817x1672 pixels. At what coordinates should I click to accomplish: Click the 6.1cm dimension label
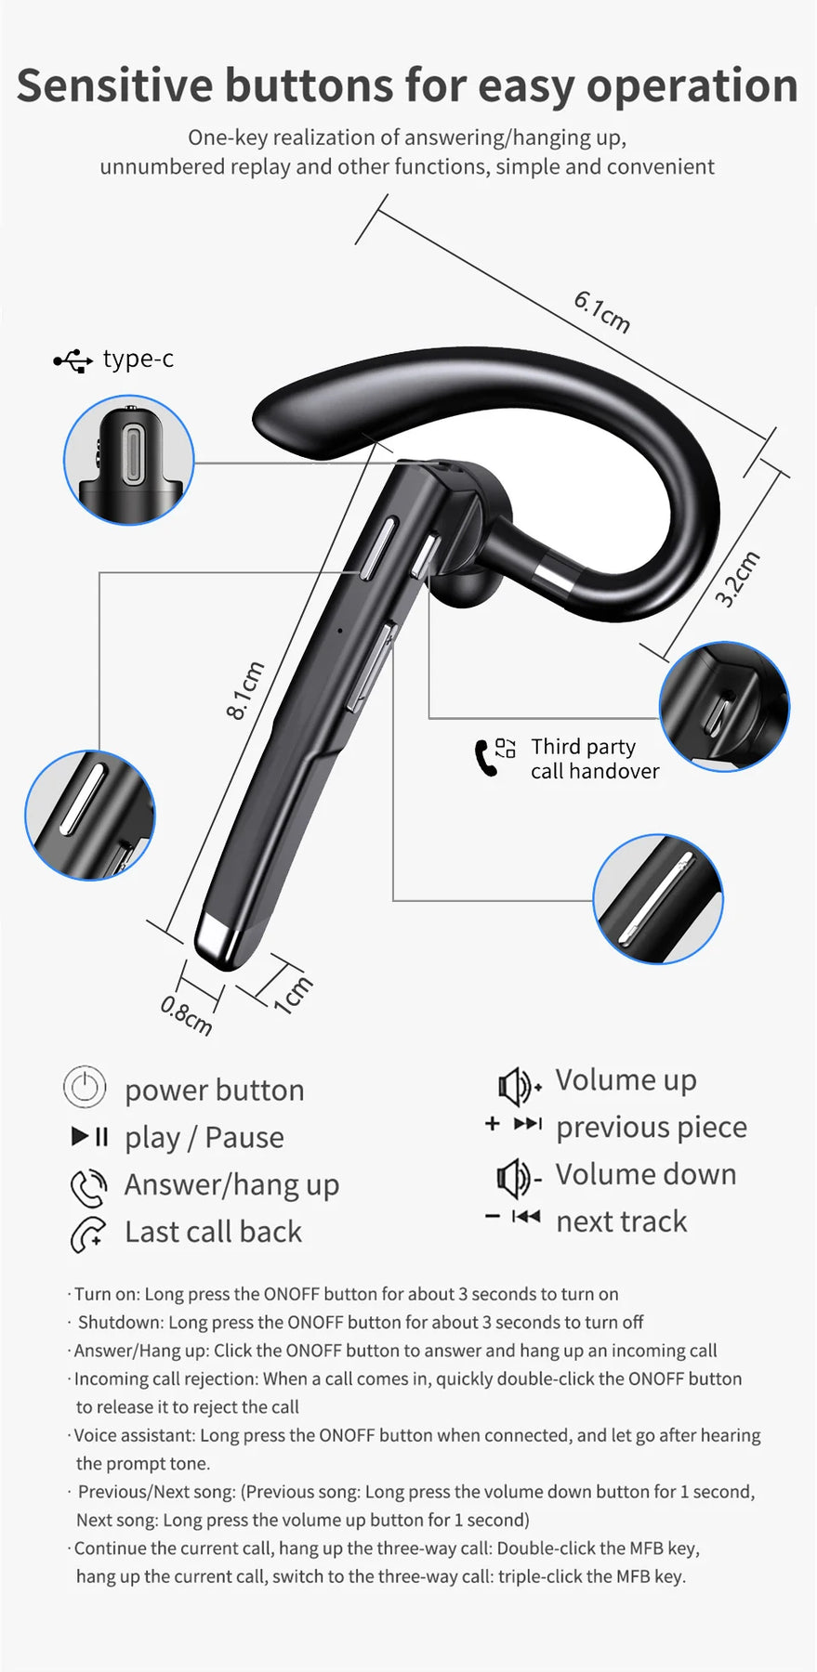(602, 311)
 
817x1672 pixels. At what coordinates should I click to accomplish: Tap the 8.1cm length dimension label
(245, 690)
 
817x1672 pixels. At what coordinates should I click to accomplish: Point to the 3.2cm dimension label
(737, 579)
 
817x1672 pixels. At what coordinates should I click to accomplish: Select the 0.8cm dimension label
(186, 1015)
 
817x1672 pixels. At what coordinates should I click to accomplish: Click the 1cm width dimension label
(293, 995)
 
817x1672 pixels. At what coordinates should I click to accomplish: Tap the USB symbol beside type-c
(73, 360)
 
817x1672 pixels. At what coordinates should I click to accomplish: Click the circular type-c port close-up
(128, 460)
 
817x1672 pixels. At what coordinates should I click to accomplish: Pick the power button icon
(85, 1087)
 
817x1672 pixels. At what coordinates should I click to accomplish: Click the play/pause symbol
(90, 1136)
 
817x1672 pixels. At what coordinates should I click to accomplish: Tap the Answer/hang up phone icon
(88, 1186)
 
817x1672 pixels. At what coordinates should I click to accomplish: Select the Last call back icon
(88, 1234)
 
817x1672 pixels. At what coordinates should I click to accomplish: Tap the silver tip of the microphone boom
(219, 940)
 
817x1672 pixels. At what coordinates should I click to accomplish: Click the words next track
(622, 1221)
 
